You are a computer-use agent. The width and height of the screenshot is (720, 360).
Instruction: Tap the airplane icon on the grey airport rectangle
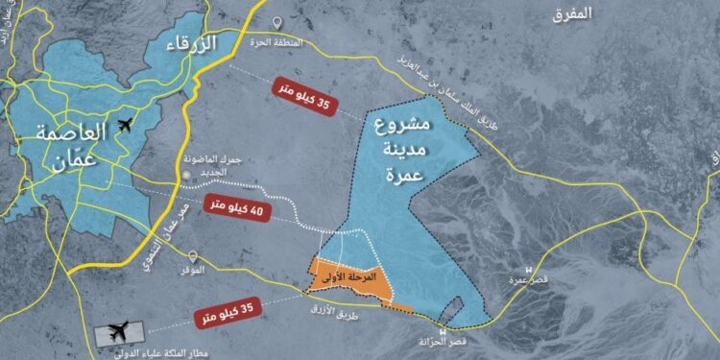(x=119, y=332)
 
